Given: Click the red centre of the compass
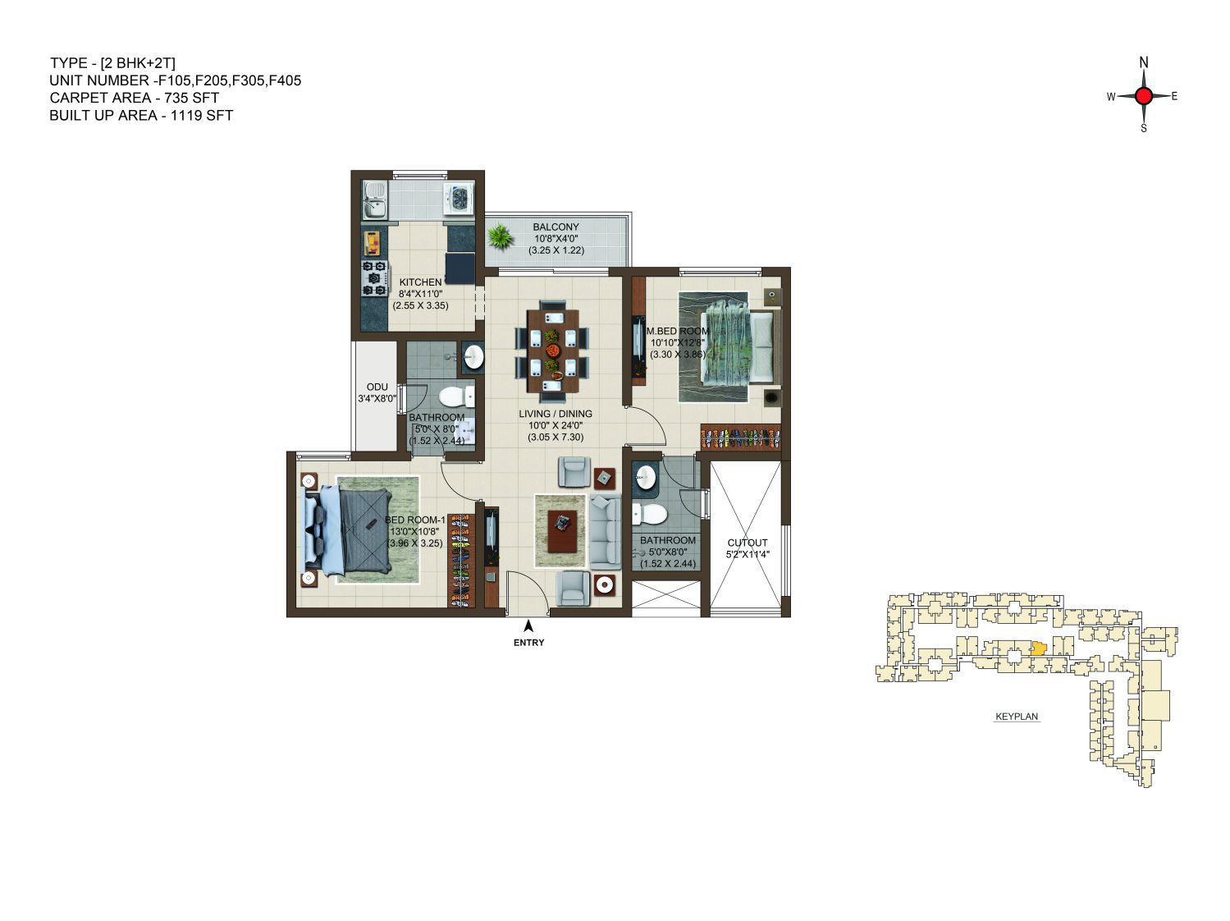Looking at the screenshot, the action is click(x=1143, y=96).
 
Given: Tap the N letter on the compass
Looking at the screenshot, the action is click(x=1143, y=62).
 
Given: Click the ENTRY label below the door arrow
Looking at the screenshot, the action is click(x=528, y=643).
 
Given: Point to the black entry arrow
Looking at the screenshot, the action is click(x=528, y=625).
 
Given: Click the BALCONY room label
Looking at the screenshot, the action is click(x=556, y=227).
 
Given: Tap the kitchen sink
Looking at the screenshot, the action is click(x=374, y=200).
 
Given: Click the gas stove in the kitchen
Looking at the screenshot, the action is click(x=374, y=278).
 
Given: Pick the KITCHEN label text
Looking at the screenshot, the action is click(x=420, y=282).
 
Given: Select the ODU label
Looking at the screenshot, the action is click(x=377, y=387).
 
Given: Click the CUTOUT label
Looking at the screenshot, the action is click(x=747, y=543).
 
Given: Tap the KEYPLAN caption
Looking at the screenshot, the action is click(x=1017, y=717).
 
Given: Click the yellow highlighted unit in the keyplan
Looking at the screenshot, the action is click(x=1038, y=648).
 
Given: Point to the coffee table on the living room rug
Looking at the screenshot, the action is click(x=562, y=530).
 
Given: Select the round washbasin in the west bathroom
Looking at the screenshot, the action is click(x=474, y=357).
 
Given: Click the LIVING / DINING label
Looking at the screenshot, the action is click(x=556, y=414).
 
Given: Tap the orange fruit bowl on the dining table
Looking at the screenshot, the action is click(x=553, y=351).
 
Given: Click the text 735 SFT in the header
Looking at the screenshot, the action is click(x=191, y=98).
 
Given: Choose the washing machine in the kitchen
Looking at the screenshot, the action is click(x=459, y=198).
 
